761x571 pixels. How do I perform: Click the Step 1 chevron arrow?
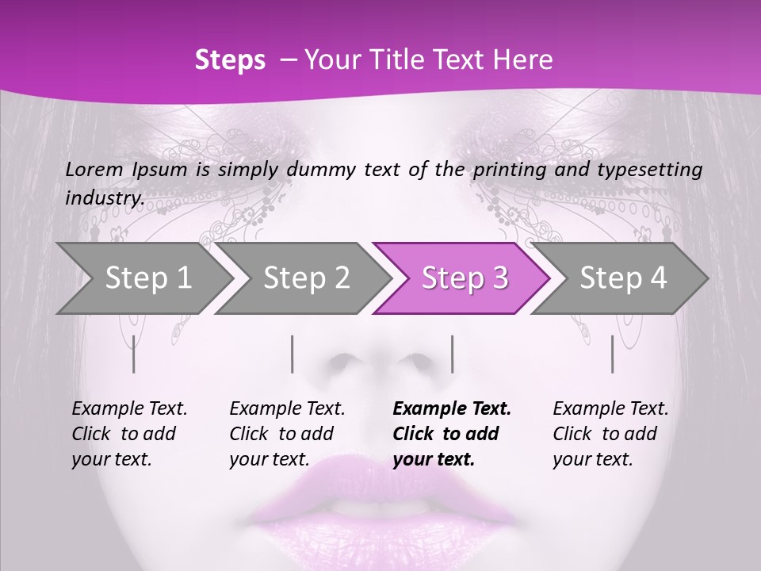pos(147,278)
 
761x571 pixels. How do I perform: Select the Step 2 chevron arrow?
pos(306,278)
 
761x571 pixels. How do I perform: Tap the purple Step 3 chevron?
pos(465,278)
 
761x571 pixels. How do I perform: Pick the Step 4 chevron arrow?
pos(623,278)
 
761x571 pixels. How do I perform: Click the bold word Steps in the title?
pos(230,60)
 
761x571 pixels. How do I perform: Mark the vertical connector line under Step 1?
pos(134,354)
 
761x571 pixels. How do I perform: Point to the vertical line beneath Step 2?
pos(293,354)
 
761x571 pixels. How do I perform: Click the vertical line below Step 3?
pos(453,354)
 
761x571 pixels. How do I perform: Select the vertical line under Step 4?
pos(613,354)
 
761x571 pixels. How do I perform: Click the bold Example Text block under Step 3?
pos(452,434)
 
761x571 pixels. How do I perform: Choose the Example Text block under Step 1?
pos(129,434)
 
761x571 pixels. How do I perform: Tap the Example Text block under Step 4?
pos(610,434)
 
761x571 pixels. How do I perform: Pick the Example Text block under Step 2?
pos(287,434)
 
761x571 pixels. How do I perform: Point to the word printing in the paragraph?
pos(508,170)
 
